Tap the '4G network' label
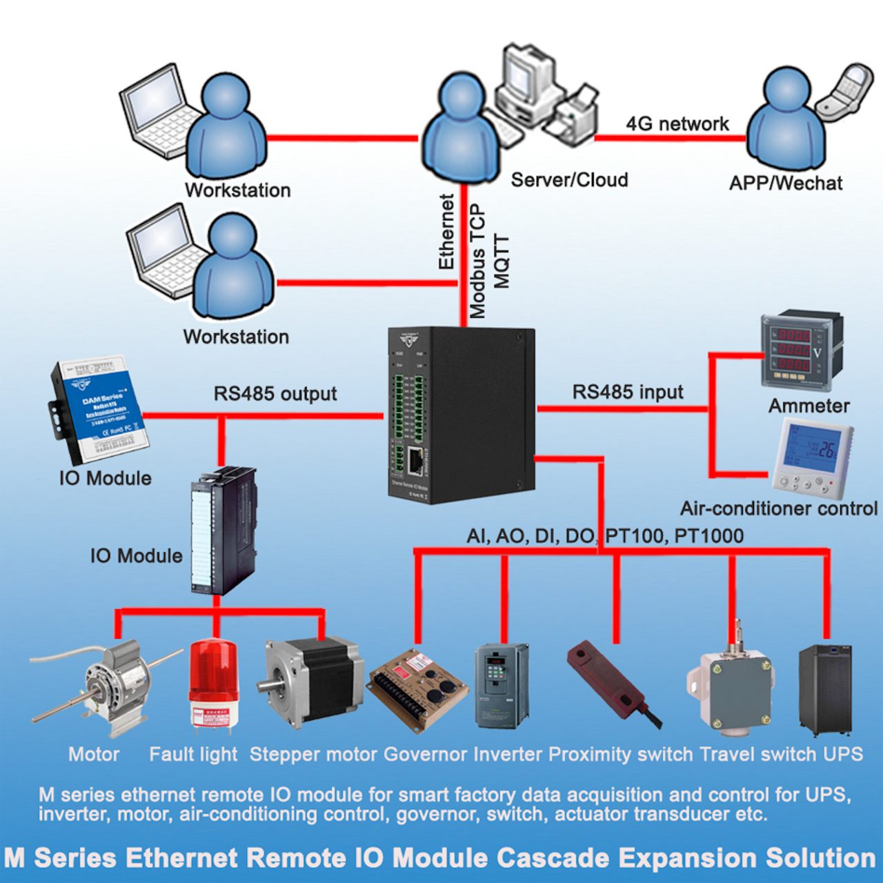[x=677, y=123]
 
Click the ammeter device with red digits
[x=801, y=350]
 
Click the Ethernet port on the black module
[x=416, y=460]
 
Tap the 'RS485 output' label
[x=275, y=393]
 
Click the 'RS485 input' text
[x=627, y=392]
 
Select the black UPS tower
[x=825, y=690]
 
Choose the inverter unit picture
[x=502, y=686]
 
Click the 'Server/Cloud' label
[x=569, y=180]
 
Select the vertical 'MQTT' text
[x=502, y=261]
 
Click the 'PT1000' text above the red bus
[x=708, y=535]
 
